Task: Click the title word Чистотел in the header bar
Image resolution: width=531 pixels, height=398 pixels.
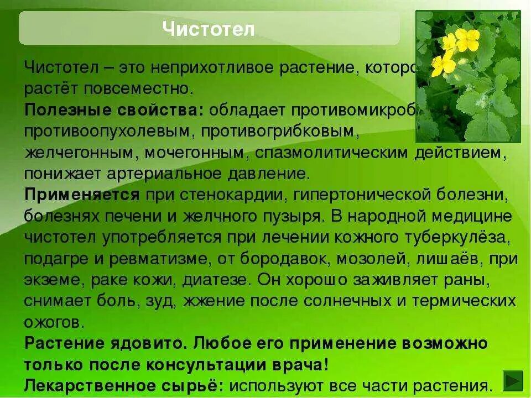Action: pyautogui.click(x=209, y=29)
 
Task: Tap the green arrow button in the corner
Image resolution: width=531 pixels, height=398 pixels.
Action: pyautogui.click(x=513, y=382)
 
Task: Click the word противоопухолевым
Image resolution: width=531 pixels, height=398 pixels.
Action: pyautogui.click(x=109, y=130)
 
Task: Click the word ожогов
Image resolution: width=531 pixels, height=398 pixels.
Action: pyautogui.click(x=53, y=322)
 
